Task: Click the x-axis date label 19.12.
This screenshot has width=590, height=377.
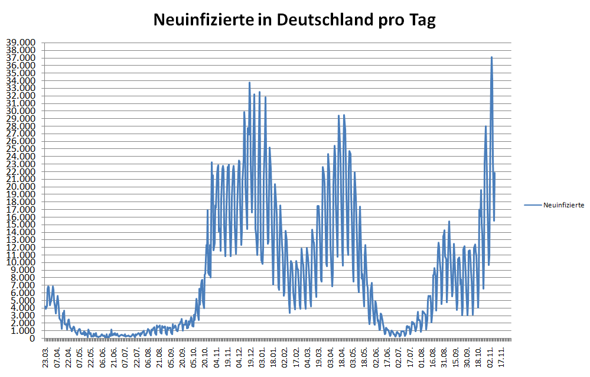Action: coord(251,357)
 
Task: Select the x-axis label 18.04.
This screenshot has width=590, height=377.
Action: coord(342,357)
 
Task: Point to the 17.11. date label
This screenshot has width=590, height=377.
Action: coord(501,357)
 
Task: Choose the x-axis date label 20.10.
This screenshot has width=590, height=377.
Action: coord(206,357)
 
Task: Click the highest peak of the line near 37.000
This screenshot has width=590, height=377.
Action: coord(491,57)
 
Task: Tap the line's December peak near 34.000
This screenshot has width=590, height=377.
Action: coord(249,83)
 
